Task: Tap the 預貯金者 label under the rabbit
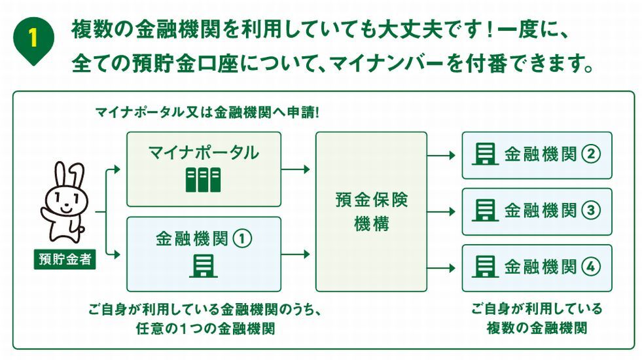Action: (65, 260)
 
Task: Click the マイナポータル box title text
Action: (204, 153)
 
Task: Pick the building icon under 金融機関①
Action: (203, 264)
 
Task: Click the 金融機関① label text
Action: (204, 238)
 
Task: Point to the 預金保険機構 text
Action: (371, 211)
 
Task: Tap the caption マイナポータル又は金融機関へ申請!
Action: (207, 112)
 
